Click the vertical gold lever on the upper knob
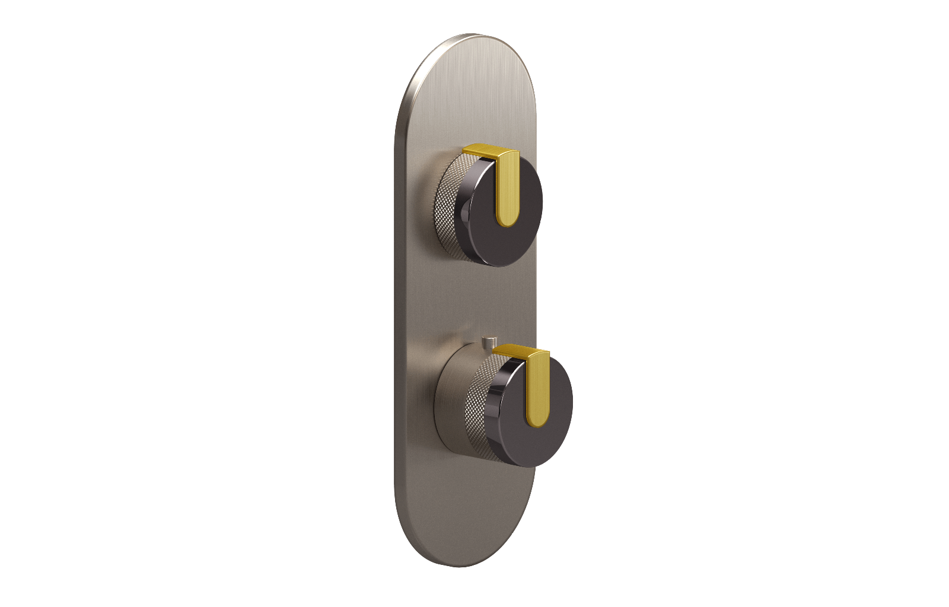[x=507, y=190]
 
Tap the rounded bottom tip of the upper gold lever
[x=508, y=221]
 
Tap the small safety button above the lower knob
[x=489, y=342]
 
